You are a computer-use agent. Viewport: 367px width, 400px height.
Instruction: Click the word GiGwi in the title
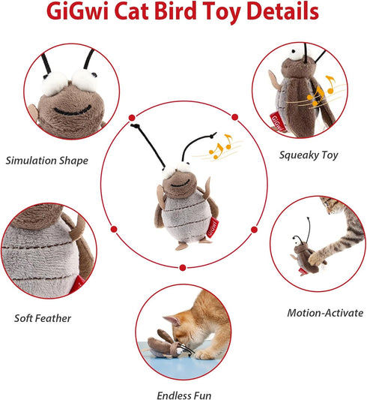(78, 11)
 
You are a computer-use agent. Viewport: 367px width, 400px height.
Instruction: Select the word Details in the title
(282, 11)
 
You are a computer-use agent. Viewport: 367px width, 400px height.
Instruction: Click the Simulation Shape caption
(47, 161)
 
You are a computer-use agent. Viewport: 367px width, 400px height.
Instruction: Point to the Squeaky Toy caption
(309, 155)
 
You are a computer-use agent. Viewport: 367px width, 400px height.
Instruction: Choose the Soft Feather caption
(43, 318)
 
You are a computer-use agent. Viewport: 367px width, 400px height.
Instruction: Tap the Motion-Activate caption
(325, 313)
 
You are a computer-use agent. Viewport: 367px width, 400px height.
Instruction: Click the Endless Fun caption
(184, 395)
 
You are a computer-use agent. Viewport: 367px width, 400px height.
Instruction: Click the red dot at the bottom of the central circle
(183, 268)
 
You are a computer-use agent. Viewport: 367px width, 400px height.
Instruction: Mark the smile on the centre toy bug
(181, 183)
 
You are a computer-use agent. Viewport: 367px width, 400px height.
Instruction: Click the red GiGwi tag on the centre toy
(213, 227)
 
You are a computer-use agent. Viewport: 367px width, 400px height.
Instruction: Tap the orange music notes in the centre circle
(221, 146)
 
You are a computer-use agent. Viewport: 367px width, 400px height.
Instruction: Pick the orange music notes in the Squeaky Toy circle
(321, 91)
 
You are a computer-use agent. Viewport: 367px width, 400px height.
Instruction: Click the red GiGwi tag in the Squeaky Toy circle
(278, 121)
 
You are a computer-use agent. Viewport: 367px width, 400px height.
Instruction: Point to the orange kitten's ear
(171, 320)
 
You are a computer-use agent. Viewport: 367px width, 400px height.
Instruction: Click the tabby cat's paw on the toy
(316, 258)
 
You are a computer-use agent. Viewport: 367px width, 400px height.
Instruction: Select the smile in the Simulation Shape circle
(73, 110)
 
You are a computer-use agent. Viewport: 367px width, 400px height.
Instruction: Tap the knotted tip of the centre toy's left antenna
(135, 125)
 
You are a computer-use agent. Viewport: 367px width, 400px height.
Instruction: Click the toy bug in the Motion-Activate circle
(303, 253)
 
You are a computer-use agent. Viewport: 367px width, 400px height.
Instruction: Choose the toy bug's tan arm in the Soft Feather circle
(78, 228)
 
